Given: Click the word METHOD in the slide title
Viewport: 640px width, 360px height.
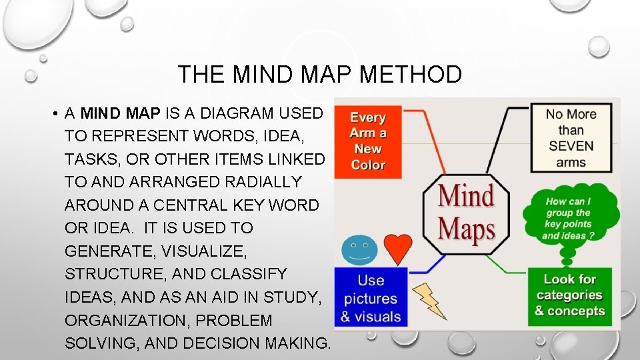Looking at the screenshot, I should [x=411, y=74].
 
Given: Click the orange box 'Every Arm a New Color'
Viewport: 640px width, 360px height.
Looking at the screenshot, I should [x=368, y=141].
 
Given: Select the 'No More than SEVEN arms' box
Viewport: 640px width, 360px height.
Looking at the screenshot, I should [x=571, y=137].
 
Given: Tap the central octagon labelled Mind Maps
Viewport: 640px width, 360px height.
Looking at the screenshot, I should [x=467, y=212].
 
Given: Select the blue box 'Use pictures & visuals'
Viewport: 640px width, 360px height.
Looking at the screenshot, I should [x=370, y=297].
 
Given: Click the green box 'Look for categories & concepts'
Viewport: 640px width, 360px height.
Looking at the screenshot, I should [x=569, y=296].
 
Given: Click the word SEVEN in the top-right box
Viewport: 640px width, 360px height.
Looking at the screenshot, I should [x=571, y=146].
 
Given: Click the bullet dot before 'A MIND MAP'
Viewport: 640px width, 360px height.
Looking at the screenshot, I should [x=52, y=113].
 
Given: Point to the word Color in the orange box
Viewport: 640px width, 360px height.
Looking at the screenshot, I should [x=368, y=165].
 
